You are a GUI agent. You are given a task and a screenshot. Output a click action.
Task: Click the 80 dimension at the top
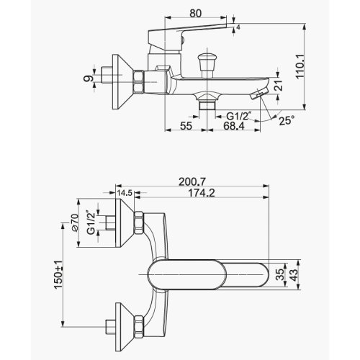click(x=195, y=14)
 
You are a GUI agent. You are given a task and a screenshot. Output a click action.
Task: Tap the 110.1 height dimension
click(x=300, y=66)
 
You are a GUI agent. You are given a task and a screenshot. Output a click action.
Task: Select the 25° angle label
click(x=287, y=120)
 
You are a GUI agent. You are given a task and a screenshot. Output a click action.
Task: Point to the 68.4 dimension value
click(x=234, y=125)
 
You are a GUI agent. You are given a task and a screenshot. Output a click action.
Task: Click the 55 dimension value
click(x=186, y=125)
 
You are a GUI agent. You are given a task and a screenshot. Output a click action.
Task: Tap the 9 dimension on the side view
click(x=89, y=78)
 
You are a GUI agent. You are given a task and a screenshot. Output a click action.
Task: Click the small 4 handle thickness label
click(x=238, y=27)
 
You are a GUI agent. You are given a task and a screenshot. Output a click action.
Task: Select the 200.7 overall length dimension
click(x=192, y=182)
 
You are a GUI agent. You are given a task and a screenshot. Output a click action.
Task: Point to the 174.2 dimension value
click(x=202, y=193)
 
